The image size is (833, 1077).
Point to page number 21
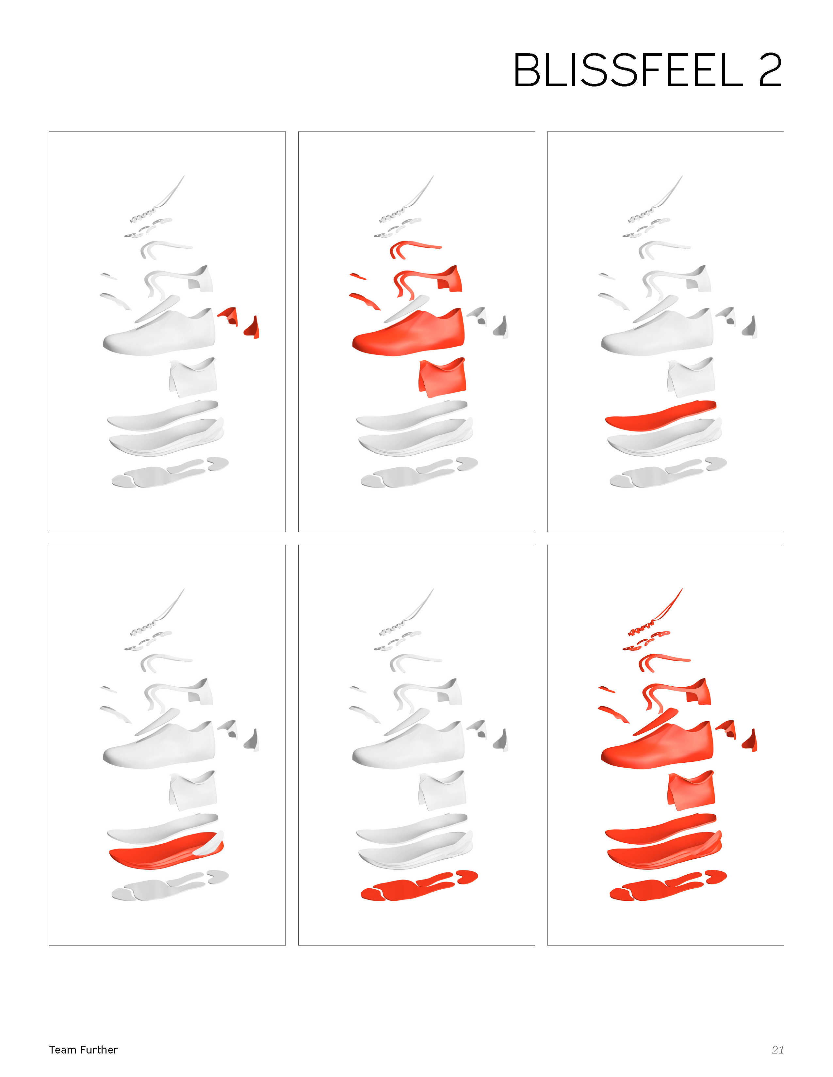coord(778,1050)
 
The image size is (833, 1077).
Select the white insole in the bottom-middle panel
coord(411,828)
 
